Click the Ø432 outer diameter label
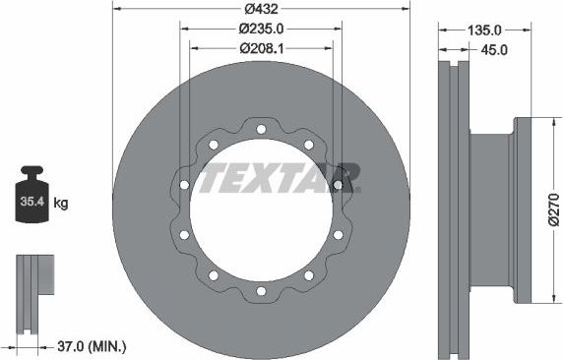click(260, 8)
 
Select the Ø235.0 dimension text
click(260, 30)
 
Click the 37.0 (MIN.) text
click(92, 346)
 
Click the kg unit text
click(61, 204)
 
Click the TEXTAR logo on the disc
click(280, 177)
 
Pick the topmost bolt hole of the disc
click(261, 129)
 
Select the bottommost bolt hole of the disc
click(261, 291)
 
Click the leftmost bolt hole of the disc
click(184, 185)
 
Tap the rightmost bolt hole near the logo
click(338, 185)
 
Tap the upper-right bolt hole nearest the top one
click(308, 145)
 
